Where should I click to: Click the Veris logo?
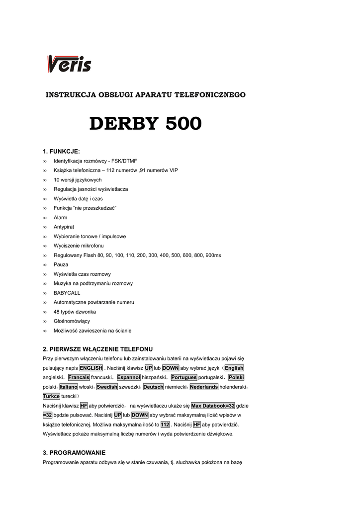[x=69, y=64]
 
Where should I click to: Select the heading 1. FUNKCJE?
[x=61, y=151]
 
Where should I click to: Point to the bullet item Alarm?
[x=60, y=218]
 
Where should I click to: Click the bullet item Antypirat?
[x=64, y=227]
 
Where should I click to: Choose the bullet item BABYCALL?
[x=67, y=293]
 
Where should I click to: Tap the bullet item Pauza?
[x=61, y=265]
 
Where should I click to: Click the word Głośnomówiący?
[x=72, y=322]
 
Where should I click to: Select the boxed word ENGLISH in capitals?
[x=91, y=368]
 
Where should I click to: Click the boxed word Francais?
[x=79, y=378]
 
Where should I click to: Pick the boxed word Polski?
[x=236, y=378]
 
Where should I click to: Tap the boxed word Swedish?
[x=107, y=387]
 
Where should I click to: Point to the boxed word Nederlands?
[x=204, y=387]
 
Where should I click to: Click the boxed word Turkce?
[x=51, y=397]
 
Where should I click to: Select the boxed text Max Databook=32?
[x=213, y=406]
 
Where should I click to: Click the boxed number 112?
[x=165, y=425]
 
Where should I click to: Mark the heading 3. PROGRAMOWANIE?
[x=74, y=453]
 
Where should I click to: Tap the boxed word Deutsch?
[x=153, y=387]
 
